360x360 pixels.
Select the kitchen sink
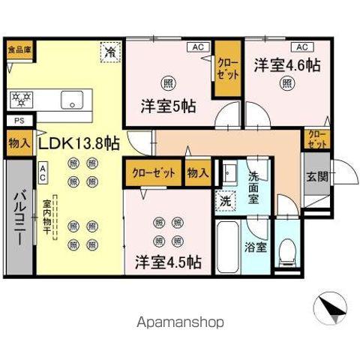[73, 98]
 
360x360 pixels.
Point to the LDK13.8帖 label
[78, 142]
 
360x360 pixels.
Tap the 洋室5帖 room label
[168, 106]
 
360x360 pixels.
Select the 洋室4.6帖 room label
[286, 64]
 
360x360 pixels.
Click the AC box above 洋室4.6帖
[298, 47]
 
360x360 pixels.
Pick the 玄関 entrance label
[316, 177]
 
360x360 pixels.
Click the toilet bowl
[286, 249]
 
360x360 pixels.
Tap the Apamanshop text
[179, 322]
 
